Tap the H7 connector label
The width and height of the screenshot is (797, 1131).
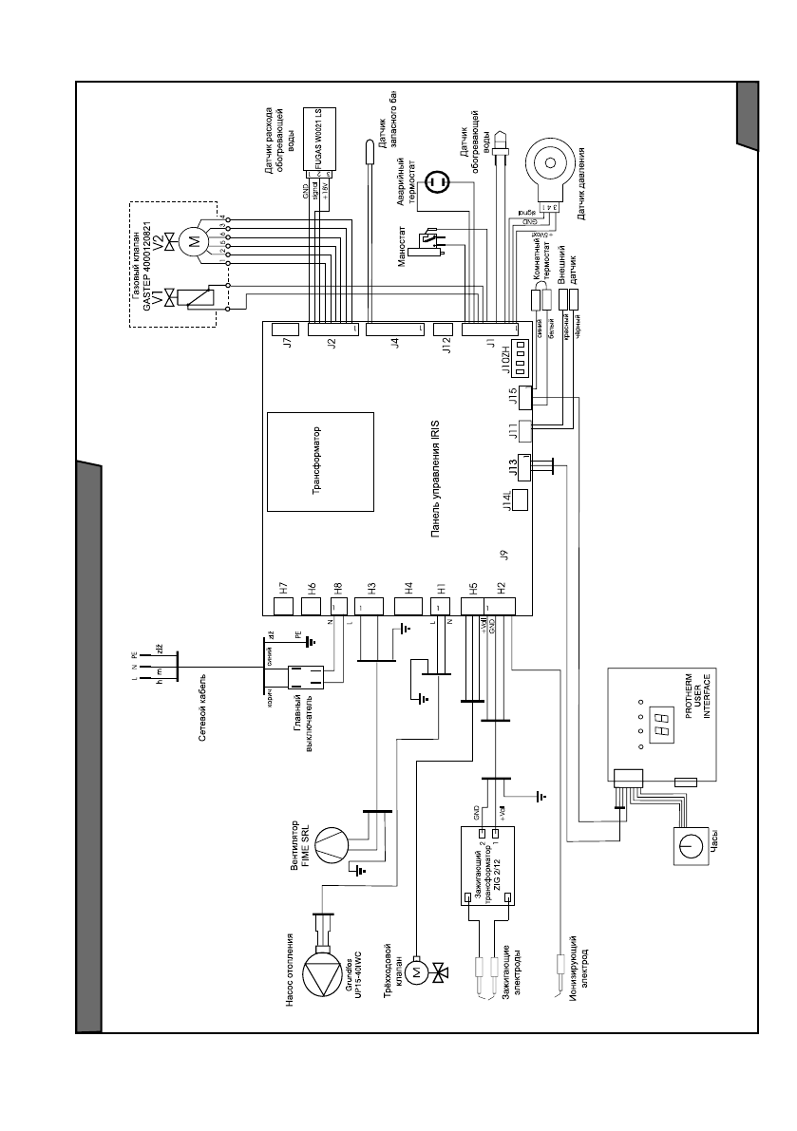click(x=283, y=587)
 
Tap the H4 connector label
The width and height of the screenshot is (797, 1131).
click(x=408, y=587)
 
